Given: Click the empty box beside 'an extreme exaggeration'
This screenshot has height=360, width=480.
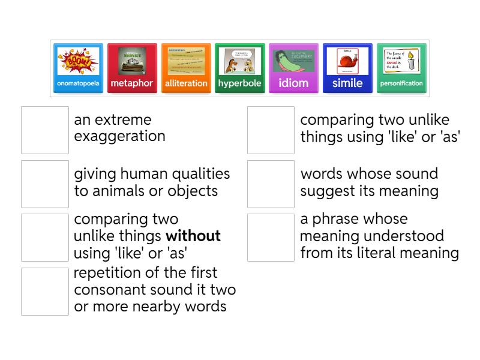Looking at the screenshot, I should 45,130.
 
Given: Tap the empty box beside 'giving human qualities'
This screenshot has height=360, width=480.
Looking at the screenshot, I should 45,184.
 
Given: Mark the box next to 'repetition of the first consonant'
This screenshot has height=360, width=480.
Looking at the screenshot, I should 45,291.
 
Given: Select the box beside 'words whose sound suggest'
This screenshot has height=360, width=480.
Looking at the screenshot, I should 271,184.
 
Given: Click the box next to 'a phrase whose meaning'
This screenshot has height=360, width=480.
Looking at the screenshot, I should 271,237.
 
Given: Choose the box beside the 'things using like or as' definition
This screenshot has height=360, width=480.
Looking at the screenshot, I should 271,130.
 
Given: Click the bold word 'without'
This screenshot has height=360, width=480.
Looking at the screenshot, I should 193,236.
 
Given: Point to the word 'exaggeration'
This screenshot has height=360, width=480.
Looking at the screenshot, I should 119,136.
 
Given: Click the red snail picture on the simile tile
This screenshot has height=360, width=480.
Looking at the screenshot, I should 347,62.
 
